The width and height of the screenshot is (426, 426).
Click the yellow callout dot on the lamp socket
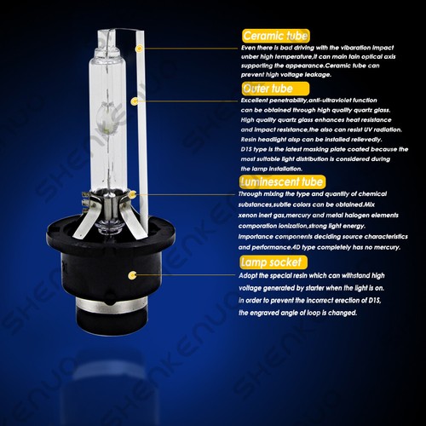[133, 274]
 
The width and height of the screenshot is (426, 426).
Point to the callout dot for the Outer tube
[133, 101]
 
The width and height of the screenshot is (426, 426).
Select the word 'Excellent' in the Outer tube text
[256, 101]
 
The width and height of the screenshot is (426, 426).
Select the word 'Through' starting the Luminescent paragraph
[255, 193]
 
